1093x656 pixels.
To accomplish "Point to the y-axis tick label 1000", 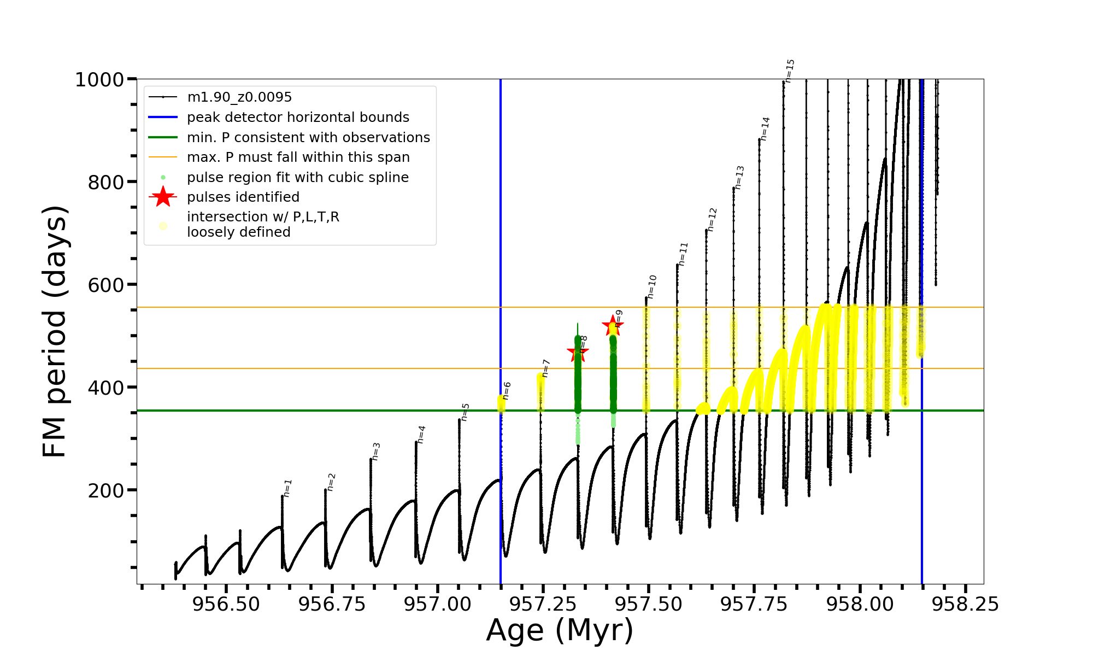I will pos(99,80).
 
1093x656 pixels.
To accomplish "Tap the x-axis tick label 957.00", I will pos(437,604).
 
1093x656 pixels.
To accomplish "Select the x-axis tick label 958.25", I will pos(965,604).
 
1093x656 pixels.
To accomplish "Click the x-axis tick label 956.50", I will pos(226,604).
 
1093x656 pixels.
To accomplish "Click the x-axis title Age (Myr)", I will pos(560,630).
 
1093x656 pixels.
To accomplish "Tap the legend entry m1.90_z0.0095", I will pos(239,97).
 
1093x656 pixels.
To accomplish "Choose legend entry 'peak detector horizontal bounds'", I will pos(298,118).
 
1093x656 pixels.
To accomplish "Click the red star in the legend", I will pos(163,197).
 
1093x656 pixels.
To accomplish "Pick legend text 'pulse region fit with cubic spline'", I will pos(298,178).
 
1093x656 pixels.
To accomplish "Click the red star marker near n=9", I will pos(613,326).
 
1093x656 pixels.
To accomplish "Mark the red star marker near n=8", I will pos(578,353).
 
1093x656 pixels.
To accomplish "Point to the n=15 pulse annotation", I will pos(790,71).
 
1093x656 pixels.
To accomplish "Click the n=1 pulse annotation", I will pos(287,488).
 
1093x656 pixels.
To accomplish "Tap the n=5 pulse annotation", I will pos(465,412).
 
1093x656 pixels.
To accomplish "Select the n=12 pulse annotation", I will pos(712,220).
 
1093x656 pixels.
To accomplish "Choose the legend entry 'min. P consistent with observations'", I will pos(308,138).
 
